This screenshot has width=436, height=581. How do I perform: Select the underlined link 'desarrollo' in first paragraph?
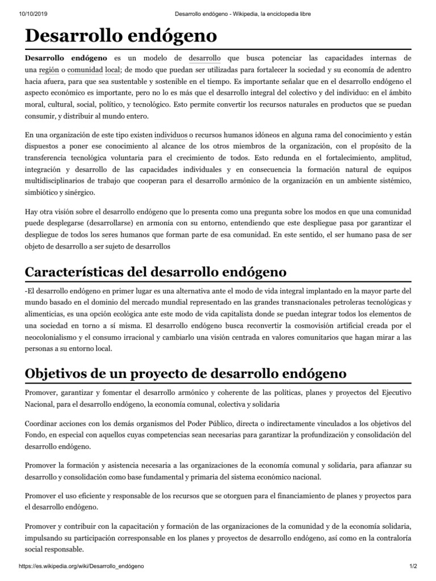[x=204, y=58]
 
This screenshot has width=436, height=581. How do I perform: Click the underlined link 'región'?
[x=49, y=70]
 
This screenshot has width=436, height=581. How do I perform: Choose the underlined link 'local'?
[x=113, y=70]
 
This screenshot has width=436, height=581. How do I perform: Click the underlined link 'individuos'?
[x=170, y=136]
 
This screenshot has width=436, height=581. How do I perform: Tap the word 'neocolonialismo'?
[x=54, y=337]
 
